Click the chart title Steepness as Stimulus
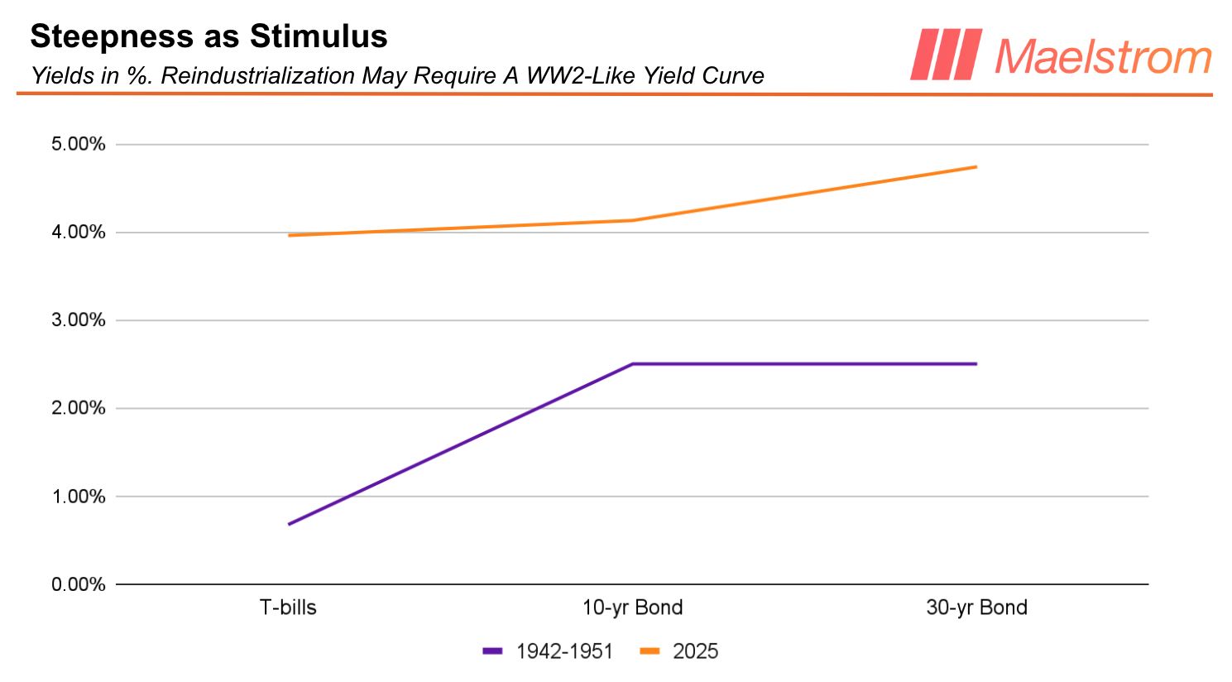[x=209, y=36]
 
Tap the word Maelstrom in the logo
[x=1103, y=56]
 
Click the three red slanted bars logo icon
[x=946, y=55]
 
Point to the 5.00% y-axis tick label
[x=79, y=145]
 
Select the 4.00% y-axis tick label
[x=79, y=233]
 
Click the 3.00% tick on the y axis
[x=79, y=320]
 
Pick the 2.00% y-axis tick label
[x=79, y=408]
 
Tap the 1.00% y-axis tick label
[x=79, y=497]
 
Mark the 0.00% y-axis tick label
[x=79, y=585]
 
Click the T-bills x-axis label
[x=288, y=608]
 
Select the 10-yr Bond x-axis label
[x=632, y=608]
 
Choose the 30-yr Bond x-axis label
[x=976, y=608]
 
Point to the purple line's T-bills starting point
[x=289, y=524]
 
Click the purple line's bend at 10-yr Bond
[x=632, y=364]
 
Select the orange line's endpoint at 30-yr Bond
[x=976, y=167]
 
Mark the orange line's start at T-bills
[x=289, y=236]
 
